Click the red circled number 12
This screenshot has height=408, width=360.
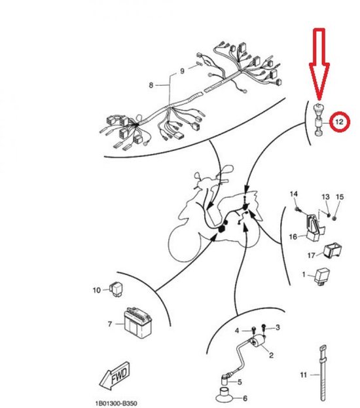point(338,121)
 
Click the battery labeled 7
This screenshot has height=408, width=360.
point(139,322)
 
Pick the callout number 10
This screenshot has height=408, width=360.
point(97,289)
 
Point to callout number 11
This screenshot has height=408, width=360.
point(304,375)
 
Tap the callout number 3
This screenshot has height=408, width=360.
point(277,327)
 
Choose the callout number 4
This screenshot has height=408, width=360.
point(238,331)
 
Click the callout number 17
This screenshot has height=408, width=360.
point(312,256)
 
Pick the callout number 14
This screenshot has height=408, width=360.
point(294,194)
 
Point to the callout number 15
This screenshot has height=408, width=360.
point(339,196)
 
